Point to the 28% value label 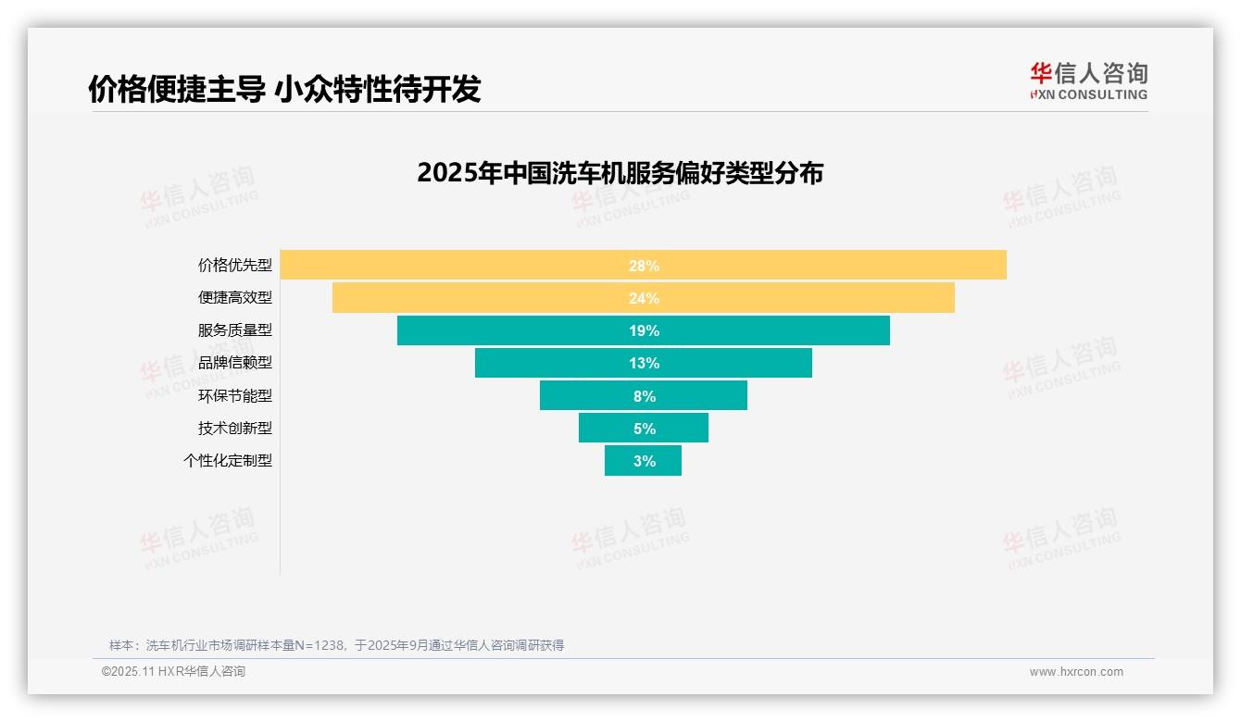click(644, 266)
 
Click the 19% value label click(644, 330)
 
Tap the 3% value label click(645, 461)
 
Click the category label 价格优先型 click(235, 265)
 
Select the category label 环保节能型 click(235, 395)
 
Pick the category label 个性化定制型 click(228, 460)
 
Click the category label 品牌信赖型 click(235, 363)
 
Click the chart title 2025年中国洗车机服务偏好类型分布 click(620, 173)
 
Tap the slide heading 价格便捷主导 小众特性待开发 click(284, 89)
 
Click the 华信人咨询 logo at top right click(1088, 81)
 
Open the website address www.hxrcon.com click(1076, 672)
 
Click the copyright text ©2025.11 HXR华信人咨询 click(173, 672)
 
